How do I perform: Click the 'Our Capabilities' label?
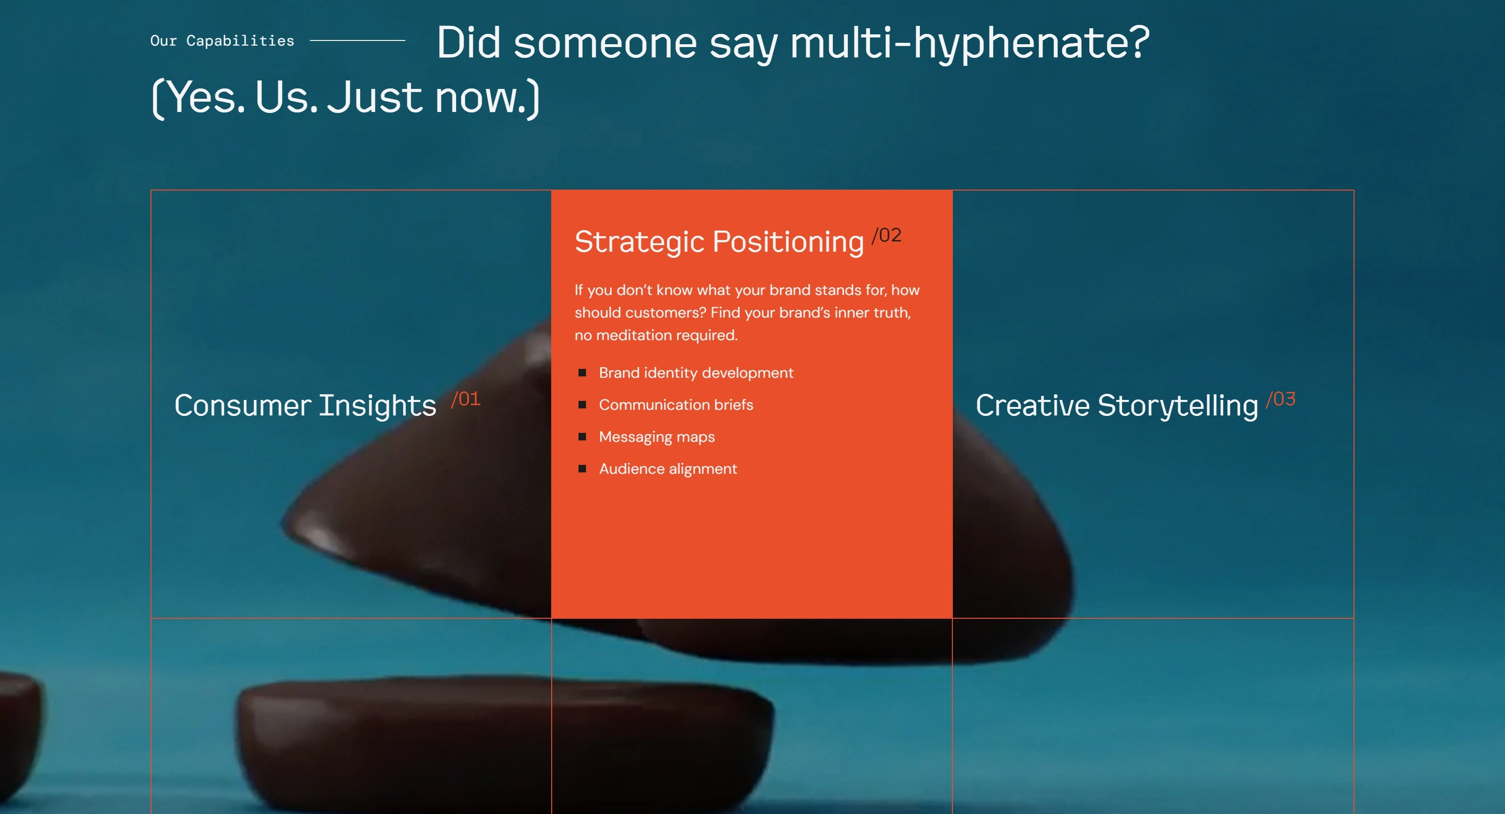(x=222, y=41)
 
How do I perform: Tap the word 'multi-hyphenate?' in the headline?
(x=970, y=43)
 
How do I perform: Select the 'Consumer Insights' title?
(x=305, y=406)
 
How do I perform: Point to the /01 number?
(x=466, y=399)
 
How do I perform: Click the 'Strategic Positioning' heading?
(x=719, y=242)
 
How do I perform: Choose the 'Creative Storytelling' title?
(x=1117, y=406)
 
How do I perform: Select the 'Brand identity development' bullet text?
(x=696, y=373)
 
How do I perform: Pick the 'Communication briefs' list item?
(x=676, y=405)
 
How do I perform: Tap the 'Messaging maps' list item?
(x=657, y=437)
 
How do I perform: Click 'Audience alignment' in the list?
(x=668, y=469)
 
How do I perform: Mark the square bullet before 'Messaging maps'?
(x=582, y=437)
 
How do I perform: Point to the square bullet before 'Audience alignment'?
(x=582, y=469)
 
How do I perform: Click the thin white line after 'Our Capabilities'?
(x=357, y=40)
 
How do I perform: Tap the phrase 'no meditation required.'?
(x=656, y=335)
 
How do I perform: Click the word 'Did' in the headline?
(x=468, y=43)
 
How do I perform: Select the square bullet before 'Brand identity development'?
(x=582, y=373)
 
